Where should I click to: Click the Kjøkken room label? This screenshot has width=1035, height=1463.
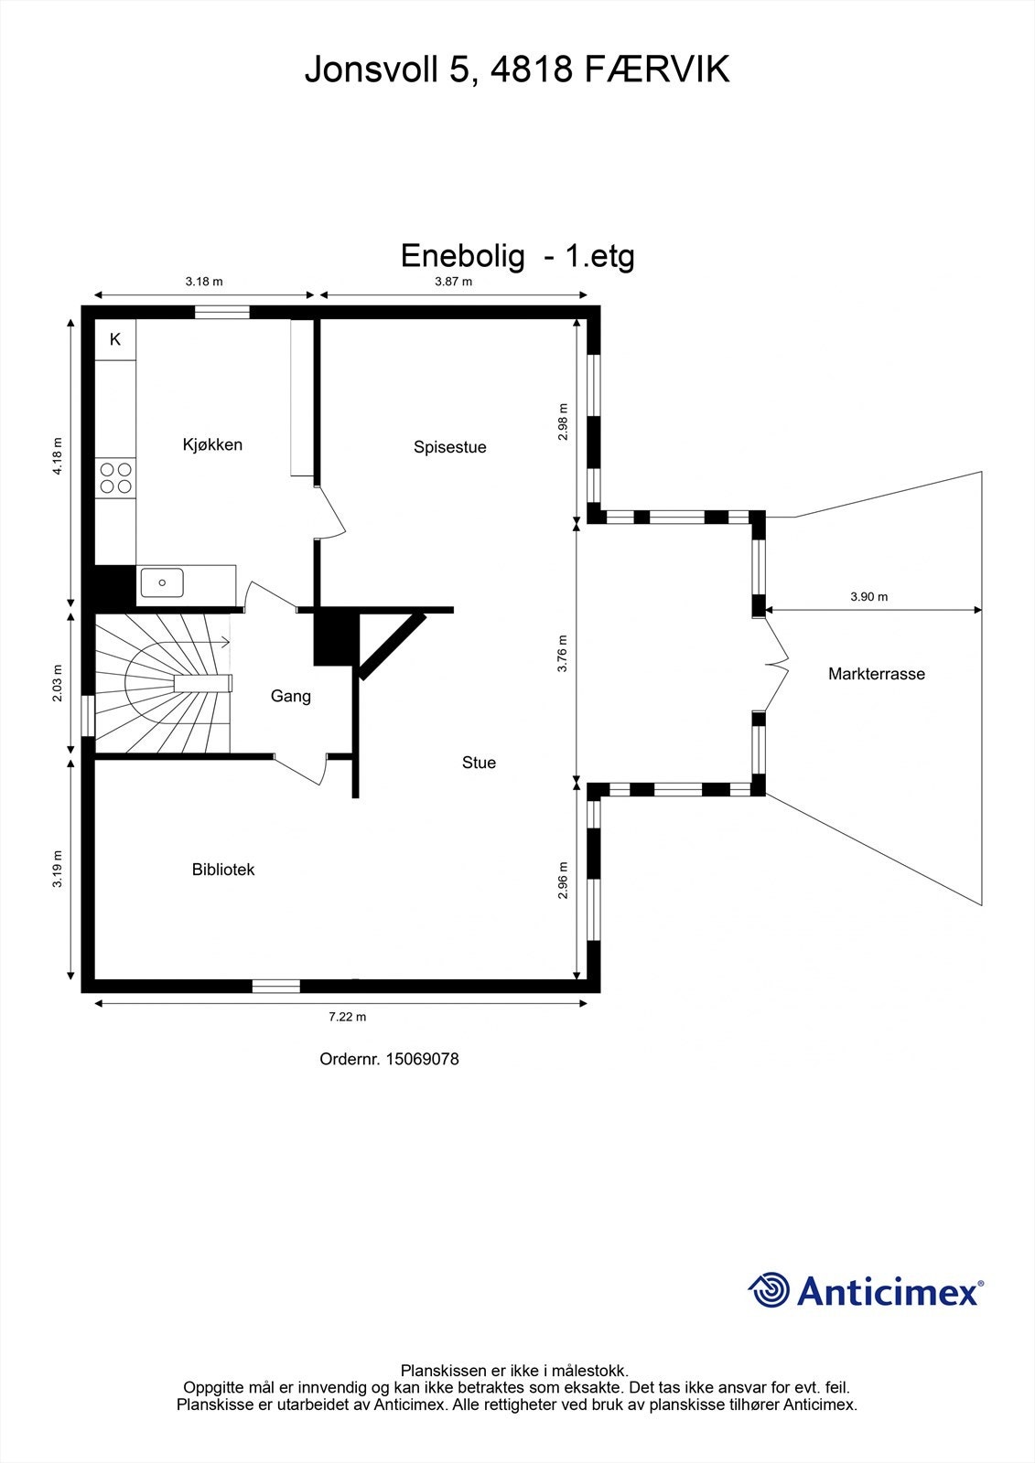click(212, 444)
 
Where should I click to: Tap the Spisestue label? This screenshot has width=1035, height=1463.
click(449, 447)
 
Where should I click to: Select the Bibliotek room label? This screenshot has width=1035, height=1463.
click(222, 870)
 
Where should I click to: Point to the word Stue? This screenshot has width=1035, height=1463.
click(479, 763)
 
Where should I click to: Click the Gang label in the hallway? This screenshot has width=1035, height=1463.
click(291, 696)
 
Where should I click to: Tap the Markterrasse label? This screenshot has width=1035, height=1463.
click(876, 674)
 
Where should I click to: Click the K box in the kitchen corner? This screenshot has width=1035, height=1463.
click(115, 339)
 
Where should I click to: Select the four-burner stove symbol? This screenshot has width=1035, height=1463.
click(115, 478)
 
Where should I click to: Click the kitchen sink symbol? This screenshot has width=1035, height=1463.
click(161, 582)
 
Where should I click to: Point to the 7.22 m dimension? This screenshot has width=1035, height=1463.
click(348, 1017)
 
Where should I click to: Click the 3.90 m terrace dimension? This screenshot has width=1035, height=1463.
click(868, 597)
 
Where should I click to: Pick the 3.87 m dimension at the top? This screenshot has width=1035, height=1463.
click(453, 282)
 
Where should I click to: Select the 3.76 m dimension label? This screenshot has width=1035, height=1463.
click(563, 654)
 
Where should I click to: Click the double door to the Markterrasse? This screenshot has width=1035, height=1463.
click(776, 663)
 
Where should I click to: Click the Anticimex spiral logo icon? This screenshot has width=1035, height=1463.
click(769, 1290)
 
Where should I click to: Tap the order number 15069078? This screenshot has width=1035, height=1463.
click(422, 1059)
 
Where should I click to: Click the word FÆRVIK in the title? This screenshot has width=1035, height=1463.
click(655, 69)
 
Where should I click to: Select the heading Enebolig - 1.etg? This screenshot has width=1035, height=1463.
click(517, 256)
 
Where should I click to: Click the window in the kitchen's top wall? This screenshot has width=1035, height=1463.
click(221, 313)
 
